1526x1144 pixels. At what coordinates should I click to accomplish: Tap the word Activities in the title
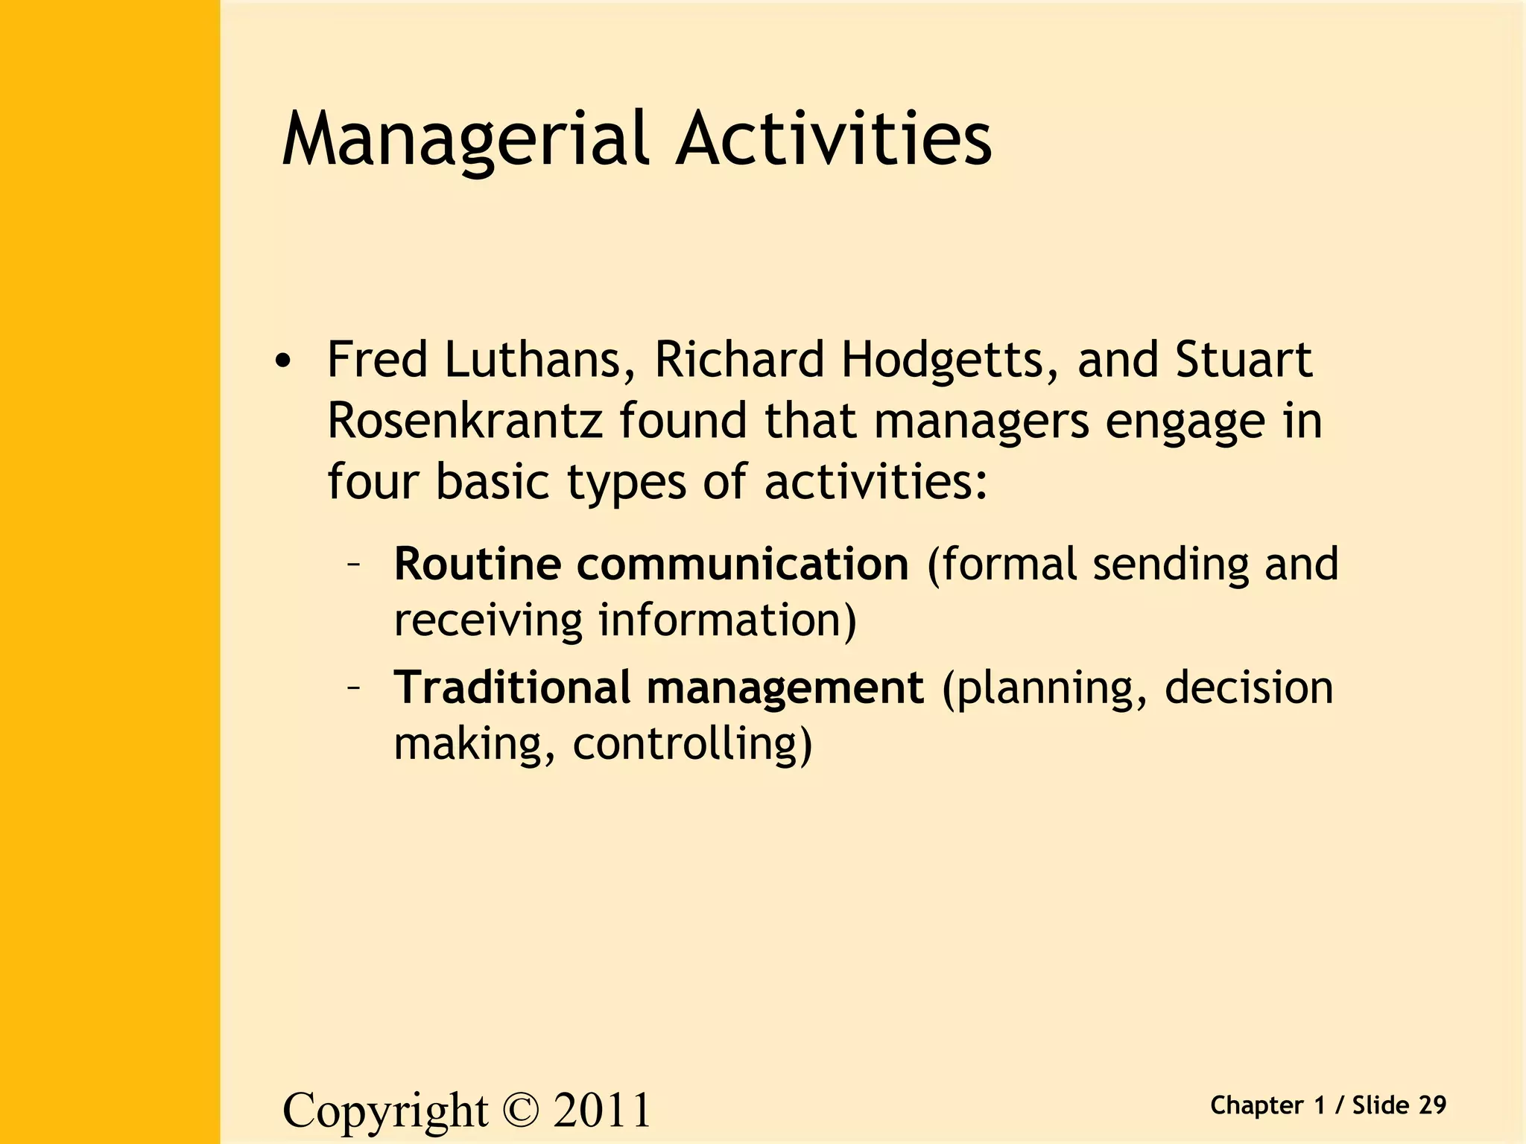click(x=834, y=139)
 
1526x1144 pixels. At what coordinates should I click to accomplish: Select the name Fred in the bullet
click(x=377, y=359)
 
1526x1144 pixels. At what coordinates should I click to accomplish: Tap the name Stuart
click(x=1244, y=359)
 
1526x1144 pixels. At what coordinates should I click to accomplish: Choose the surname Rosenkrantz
click(x=464, y=421)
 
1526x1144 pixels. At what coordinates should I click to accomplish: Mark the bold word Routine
click(x=477, y=564)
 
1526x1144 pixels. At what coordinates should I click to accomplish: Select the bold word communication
click(x=742, y=564)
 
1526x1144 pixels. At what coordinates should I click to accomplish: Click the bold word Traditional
click(x=512, y=687)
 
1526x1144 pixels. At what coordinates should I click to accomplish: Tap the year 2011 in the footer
click(x=602, y=1110)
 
